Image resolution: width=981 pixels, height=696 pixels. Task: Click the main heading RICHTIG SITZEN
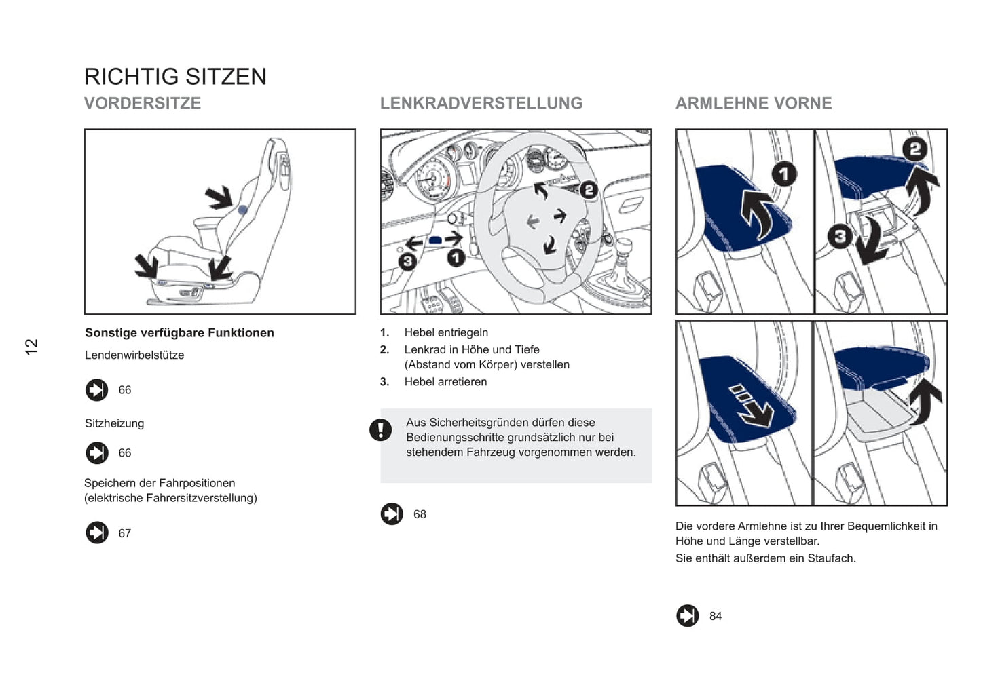coord(175,77)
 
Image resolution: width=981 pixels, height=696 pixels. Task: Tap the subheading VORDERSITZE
coord(143,103)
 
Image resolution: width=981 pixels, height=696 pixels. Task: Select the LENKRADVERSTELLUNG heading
coord(481,103)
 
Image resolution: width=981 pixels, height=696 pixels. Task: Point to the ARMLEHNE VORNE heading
coord(754,103)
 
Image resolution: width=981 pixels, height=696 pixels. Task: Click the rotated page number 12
coord(31,347)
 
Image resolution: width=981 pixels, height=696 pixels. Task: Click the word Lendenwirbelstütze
coord(134,355)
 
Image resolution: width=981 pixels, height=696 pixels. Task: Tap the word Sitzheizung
coord(114,423)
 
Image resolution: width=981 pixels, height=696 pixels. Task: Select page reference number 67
coord(125,534)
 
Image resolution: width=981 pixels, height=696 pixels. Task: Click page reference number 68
coord(420,515)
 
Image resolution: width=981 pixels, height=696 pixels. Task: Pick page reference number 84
coord(716,617)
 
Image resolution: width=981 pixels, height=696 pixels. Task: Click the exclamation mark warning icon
coord(380,429)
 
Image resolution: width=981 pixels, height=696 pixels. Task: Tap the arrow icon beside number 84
coord(687,616)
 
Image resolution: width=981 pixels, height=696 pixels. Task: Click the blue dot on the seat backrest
coord(242,210)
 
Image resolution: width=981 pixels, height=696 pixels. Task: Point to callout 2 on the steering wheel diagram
coord(589,190)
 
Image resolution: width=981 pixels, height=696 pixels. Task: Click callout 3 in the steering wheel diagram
coord(407,261)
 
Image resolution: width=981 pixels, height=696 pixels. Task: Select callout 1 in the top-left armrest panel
coord(783,174)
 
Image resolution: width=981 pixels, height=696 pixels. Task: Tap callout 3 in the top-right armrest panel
coord(840,236)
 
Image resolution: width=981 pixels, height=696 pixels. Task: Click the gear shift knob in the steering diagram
coord(623,247)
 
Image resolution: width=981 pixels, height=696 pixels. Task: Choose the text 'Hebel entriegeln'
coord(446,333)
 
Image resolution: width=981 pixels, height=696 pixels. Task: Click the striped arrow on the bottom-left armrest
coord(751,406)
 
